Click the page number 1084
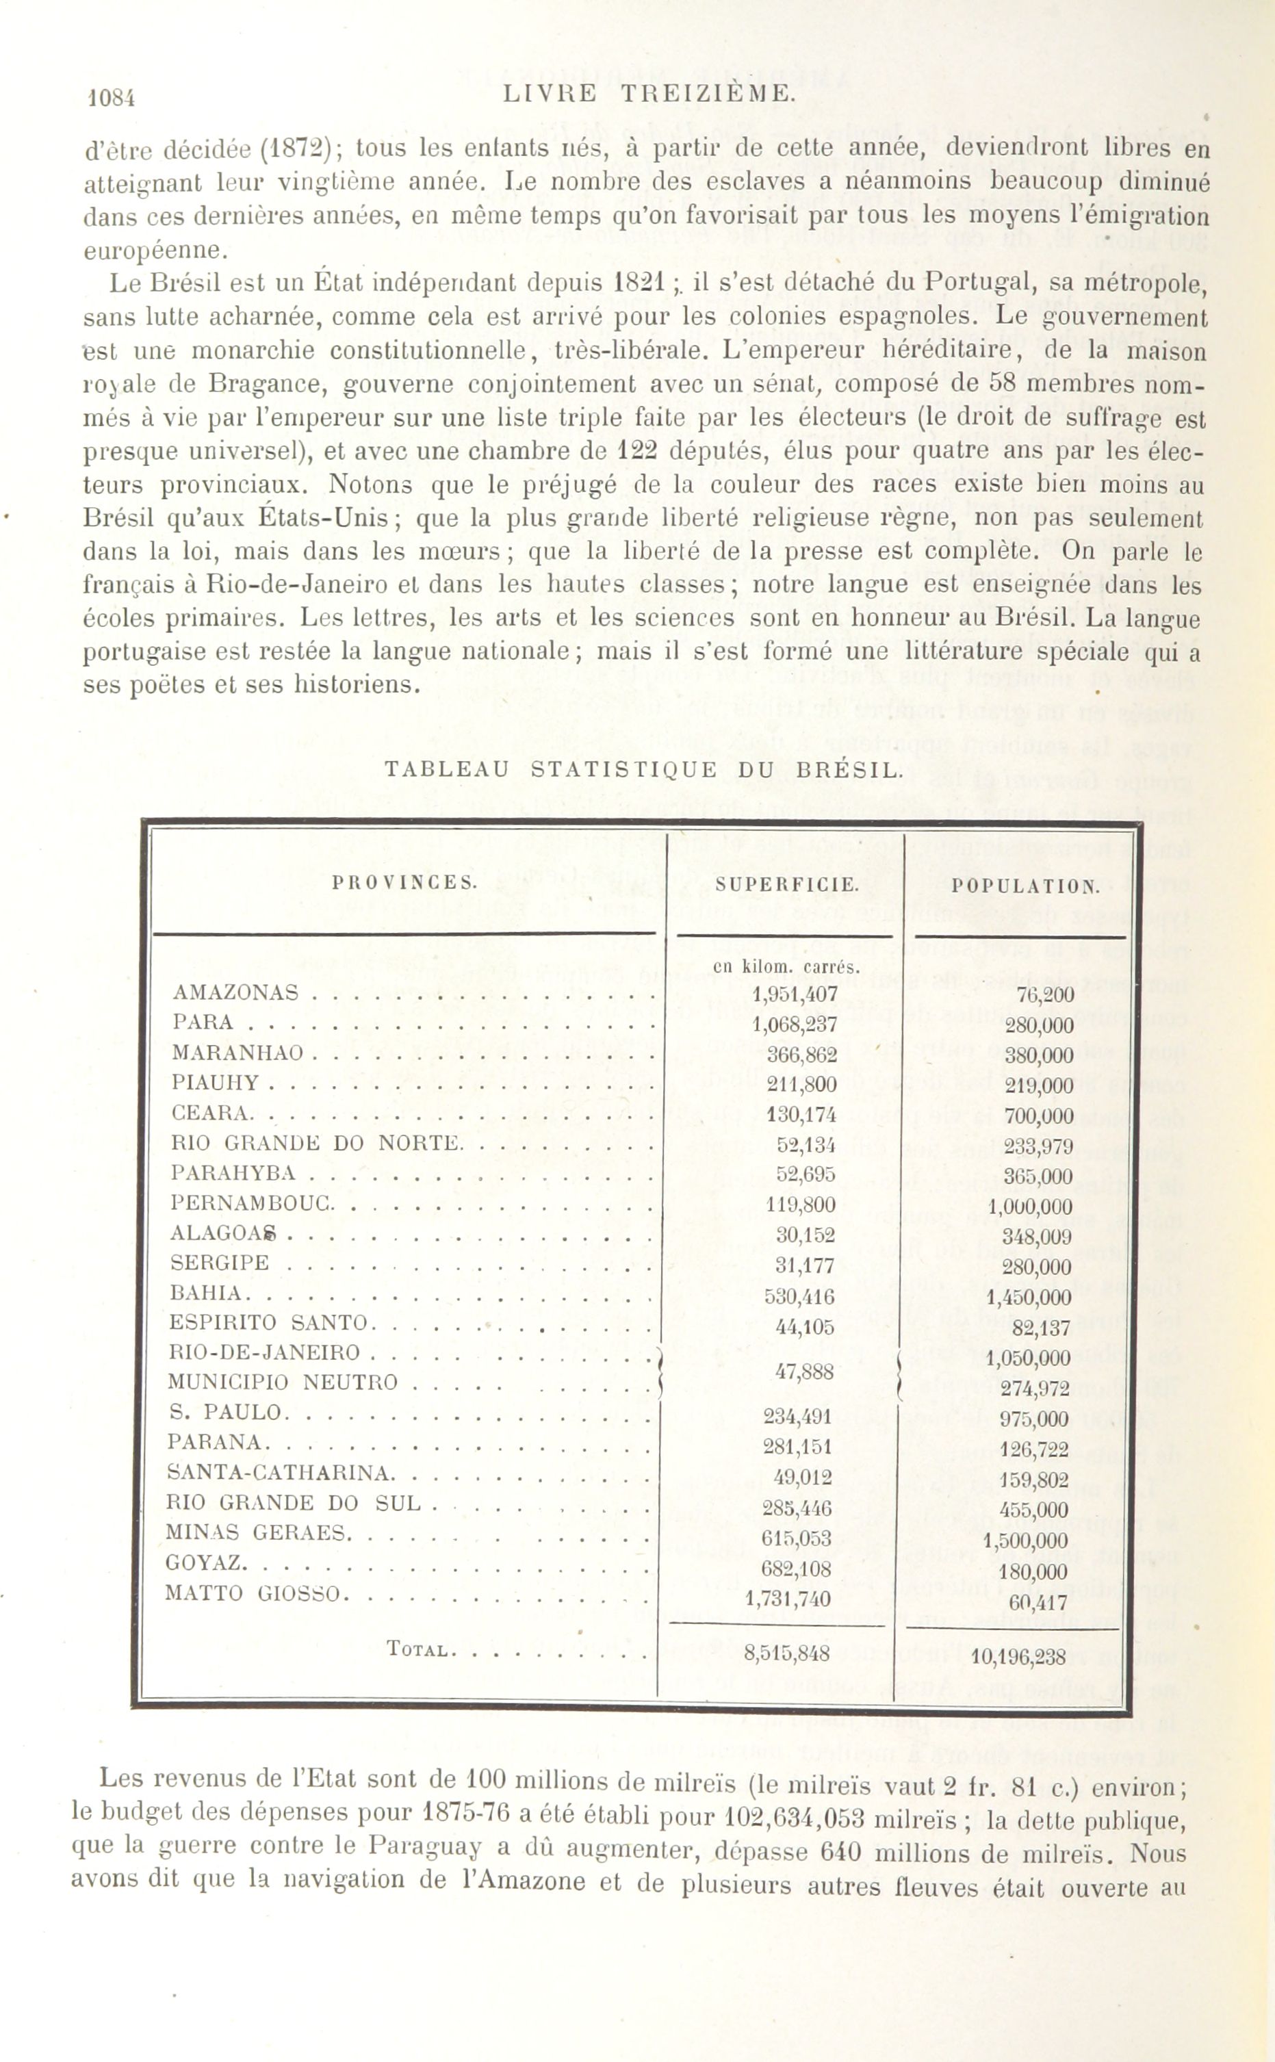pos(112,99)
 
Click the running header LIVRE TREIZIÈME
pos(649,94)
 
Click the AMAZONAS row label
pos(235,992)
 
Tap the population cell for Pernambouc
pos(1029,1207)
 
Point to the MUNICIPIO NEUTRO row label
pos(283,1382)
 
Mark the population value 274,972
pos(1034,1389)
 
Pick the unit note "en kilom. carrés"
pos(786,967)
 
